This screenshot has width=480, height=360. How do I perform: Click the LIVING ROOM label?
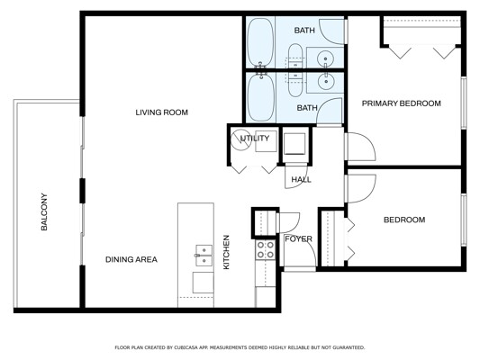point(161,112)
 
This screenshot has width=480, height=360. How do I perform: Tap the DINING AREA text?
point(131,260)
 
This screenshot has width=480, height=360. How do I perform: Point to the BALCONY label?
point(44,211)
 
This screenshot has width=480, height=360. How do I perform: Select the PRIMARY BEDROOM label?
point(402,103)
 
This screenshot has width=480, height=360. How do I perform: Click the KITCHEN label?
point(226,252)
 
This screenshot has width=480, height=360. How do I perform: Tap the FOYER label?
point(298,238)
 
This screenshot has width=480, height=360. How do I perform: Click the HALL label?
point(301,179)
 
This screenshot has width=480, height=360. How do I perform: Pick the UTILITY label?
point(255,139)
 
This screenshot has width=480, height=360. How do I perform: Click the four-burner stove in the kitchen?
point(266,249)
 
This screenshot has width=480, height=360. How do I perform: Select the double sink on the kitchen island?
point(204,255)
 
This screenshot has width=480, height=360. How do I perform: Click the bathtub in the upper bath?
point(260,42)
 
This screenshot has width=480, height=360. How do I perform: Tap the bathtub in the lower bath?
point(261,97)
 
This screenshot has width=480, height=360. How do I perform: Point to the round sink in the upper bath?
point(325,58)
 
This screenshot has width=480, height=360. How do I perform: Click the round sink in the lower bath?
point(326,82)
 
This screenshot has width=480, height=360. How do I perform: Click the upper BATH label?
point(304,31)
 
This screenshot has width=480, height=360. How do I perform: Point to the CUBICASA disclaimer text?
point(240,347)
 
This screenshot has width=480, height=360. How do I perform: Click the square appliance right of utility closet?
point(294,144)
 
